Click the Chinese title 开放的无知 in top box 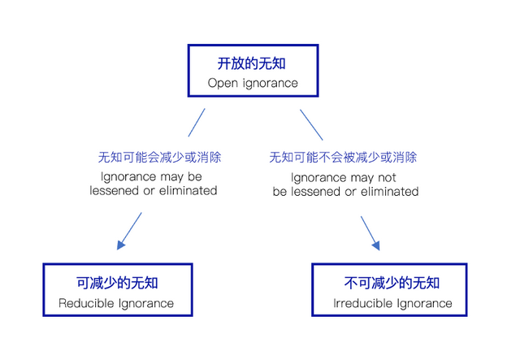pyautogui.click(x=251, y=63)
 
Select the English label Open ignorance pyautogui.click(x=253, y=83)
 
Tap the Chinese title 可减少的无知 pyautogui.click(x=117, y=283)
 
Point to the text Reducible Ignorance pyautogui.click(x=116, y=303)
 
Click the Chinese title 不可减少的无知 pyautogui.click(x=392, y=283)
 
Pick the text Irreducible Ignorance pyautogui.click(x=392, y=303)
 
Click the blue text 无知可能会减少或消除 pyautogui.click(x=159, y=158)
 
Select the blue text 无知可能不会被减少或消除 pyautogui.click(x=343, y=158)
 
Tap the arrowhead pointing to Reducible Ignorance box pyautogui.click(x=121, y=245)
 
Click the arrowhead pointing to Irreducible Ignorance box pyautogui.click(x=376, y=245)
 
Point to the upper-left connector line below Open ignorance pyautogui.click(x=197, y=123)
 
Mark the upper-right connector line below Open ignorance pyautogui.click(x=311, y=125)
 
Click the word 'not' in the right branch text pyautogui.click(x=387, y=178)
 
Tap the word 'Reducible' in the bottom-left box pyautogui.click(x=86, y=303)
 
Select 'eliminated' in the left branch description pyautogui.click(x=188, y=191)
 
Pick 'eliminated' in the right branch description pyautogui.click(x=390, y=192)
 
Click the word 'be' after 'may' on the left pyautogui.click(x=195, y=177)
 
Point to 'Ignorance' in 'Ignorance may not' pyautogui.click(x=319, y=178)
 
